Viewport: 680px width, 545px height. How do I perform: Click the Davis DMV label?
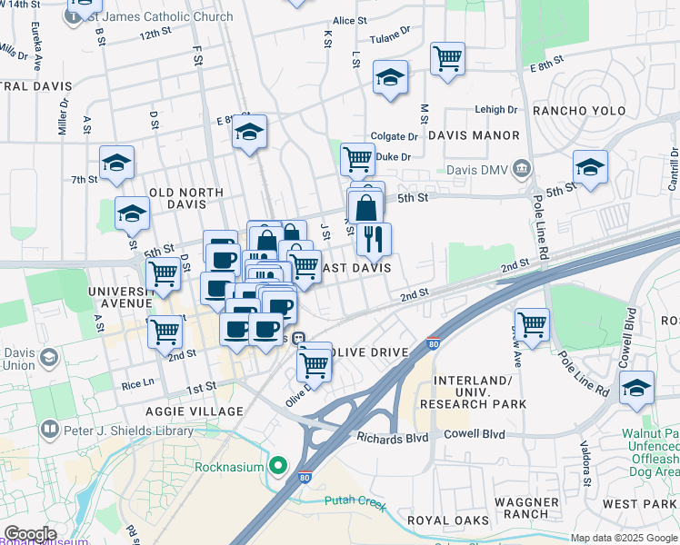pos(477,170)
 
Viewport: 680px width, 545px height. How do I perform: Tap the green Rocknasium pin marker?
pos(280,468)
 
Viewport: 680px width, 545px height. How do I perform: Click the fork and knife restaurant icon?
pos(373,240)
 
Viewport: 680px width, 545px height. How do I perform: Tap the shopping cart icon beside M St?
pos(447,59)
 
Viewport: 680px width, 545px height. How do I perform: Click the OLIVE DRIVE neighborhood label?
pos(366,352)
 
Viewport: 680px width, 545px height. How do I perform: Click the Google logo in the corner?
pos(29,533)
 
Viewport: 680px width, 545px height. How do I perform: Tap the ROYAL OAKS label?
pos(443,520)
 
